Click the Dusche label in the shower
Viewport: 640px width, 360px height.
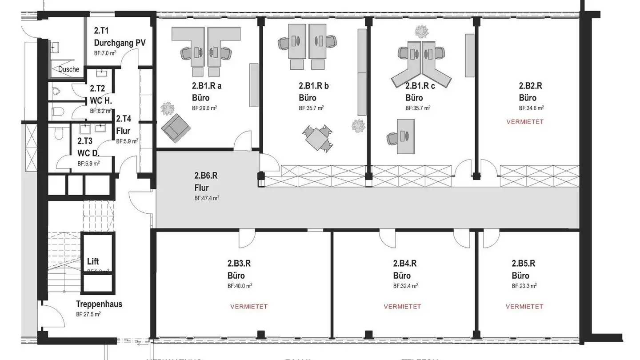tap(68, 69)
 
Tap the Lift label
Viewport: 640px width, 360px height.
tap(93, 261)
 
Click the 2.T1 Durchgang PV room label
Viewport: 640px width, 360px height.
tap(120, 37)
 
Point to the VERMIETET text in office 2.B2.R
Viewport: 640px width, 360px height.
tap(525, 122)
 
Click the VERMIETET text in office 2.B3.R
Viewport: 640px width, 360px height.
tap(249, 307)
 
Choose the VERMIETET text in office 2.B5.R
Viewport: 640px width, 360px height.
tap(524, 307)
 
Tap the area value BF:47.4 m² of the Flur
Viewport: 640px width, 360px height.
tap(207, 198)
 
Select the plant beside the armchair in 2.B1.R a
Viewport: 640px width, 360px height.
tap(167, 108)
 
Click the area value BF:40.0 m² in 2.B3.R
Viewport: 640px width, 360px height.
tap(240, 286)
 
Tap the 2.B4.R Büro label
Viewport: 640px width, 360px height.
tap(405, 269)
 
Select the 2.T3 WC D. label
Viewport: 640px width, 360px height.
tap(88, 147)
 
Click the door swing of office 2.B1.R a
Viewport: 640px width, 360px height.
tap(244, 141)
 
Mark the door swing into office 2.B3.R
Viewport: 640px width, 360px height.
tap(248, 239)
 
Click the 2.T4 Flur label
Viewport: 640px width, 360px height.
tap(123, 125)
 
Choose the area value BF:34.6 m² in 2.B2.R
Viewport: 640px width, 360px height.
tap(532, 108)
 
